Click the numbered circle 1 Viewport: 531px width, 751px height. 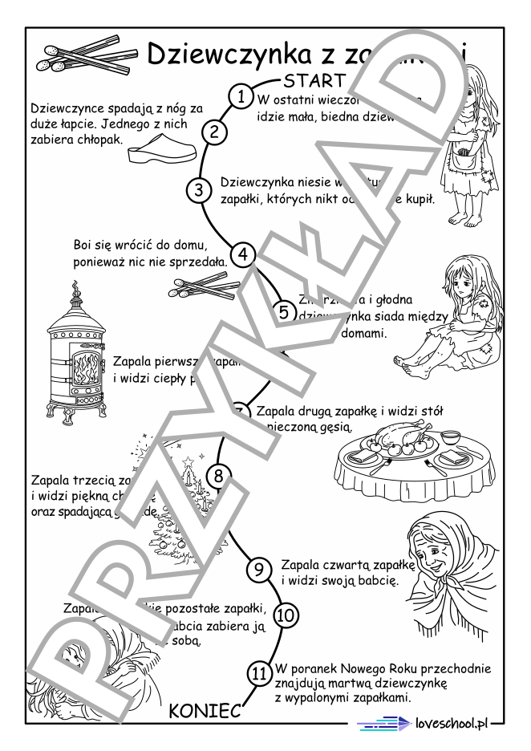(240, 96)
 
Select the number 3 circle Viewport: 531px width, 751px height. (198, 190)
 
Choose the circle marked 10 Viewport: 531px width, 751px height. (286, 615)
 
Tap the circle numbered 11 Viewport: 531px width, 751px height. (257, 675)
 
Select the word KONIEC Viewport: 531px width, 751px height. (205, 711)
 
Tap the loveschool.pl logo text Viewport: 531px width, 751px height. (452, 724)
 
